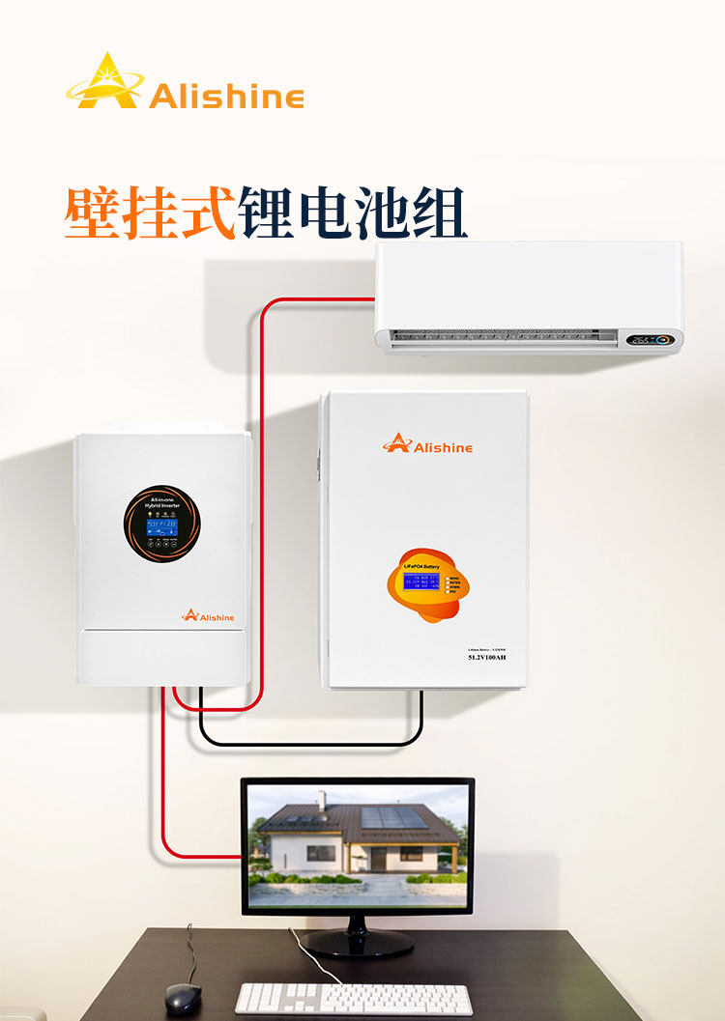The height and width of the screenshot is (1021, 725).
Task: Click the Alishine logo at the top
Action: tap(184, 84)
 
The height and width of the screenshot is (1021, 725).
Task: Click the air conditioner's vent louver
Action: tap(503, 337)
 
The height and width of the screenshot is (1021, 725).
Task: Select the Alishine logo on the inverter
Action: tap(208, 614)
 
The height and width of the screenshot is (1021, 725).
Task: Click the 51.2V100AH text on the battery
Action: tap(487, 657)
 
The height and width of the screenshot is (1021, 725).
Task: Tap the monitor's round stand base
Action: tap(356, 942)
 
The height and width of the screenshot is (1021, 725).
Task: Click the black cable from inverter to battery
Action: tap(309, 744)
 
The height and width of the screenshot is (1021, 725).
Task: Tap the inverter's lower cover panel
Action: tap(162, 657)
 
